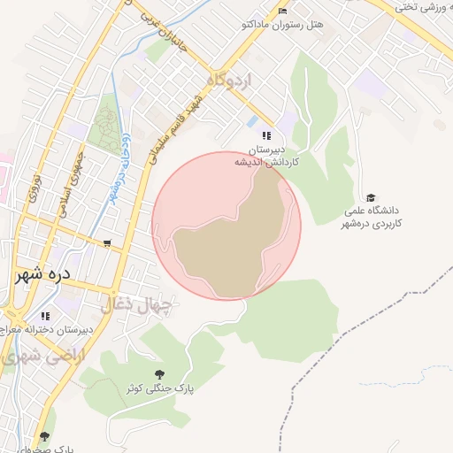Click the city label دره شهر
(x=54, y=275)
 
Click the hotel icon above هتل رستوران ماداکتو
(x=282, y=11)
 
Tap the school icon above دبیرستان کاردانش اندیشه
(x=266, y=135)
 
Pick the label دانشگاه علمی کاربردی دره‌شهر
(x=372, y=217)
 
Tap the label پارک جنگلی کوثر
(x=158, y=388)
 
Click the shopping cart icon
(x=107, y=243)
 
